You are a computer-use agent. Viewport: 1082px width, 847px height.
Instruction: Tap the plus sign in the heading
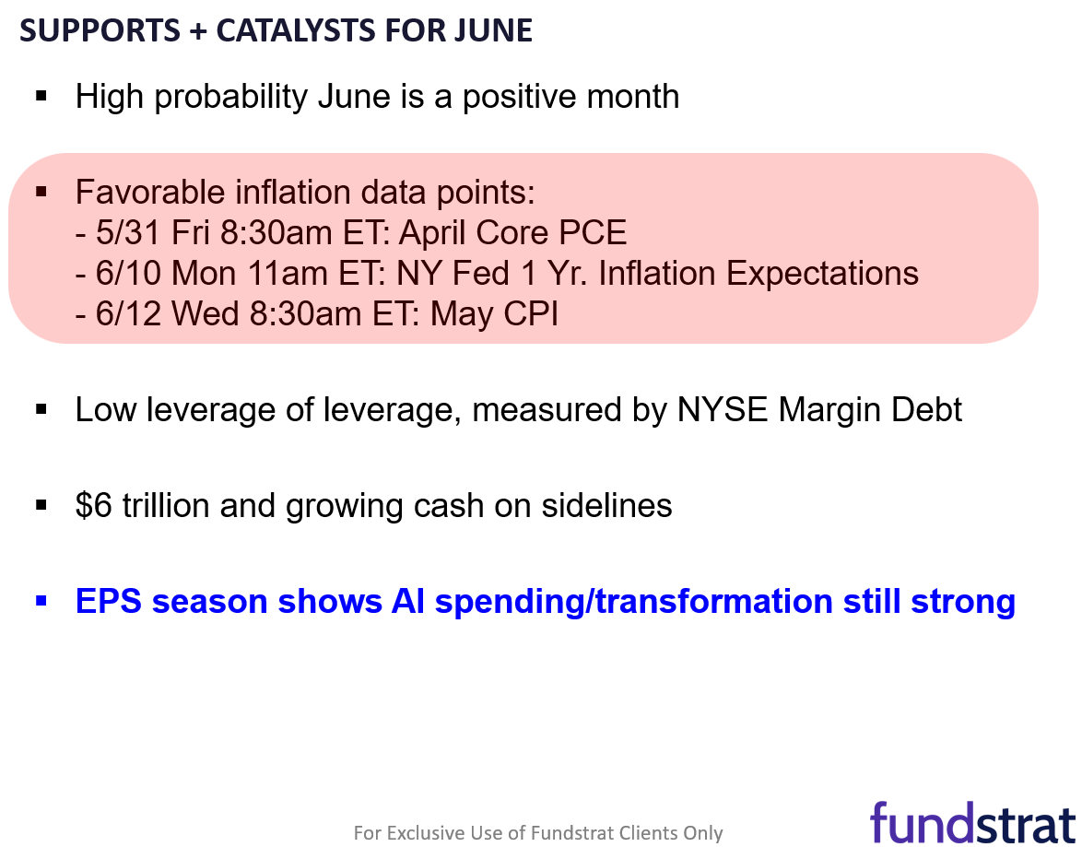[198, 31]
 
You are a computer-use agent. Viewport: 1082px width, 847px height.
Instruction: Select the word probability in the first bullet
[230, 97]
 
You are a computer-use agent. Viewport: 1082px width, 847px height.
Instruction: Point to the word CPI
[531, 314]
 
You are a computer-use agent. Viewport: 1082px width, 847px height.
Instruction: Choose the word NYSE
[723, 410]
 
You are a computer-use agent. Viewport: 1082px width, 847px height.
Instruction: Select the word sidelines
[606, 505]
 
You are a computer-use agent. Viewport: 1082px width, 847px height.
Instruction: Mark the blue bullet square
[41, 601]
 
